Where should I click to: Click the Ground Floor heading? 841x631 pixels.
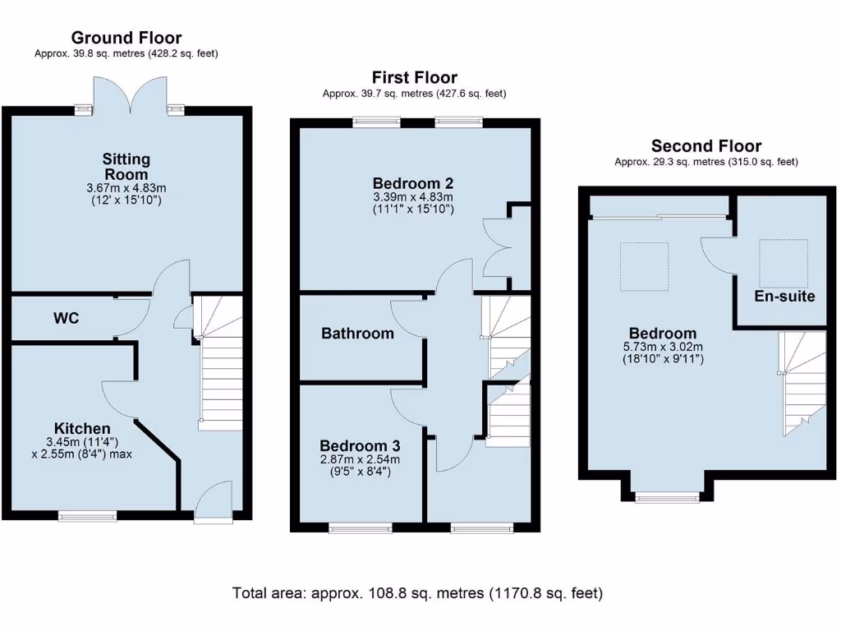point(126,38)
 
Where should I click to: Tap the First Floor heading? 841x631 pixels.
point(414,78)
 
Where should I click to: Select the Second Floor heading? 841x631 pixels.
point(706,146)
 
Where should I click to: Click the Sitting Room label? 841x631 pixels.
point(126,166)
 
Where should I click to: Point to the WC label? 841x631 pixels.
point(66,318)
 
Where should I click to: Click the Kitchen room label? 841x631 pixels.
point(82,428)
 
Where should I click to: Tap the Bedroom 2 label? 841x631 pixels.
point(413,183)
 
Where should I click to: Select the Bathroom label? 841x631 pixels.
point(357,333)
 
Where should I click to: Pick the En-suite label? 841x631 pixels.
point(785,296)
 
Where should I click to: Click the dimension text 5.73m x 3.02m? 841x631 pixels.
point(663,347)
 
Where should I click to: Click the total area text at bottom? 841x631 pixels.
point(418,592)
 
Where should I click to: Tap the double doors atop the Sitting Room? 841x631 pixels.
point(129,93)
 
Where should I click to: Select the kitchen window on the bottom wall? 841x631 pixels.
point(87,516)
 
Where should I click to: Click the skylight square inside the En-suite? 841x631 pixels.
point(783,261)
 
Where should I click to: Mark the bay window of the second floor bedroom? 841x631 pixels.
point(667,496)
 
